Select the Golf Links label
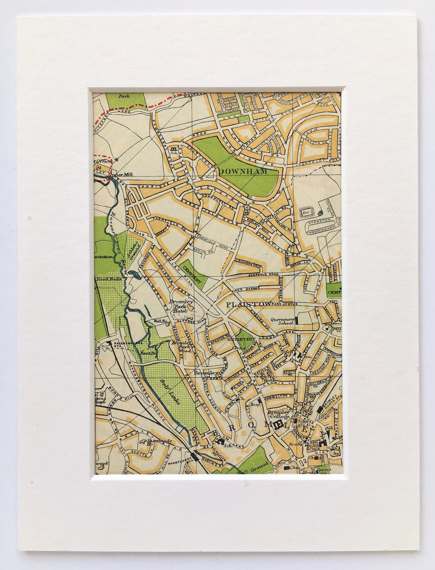tap(170, 391)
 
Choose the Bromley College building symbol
tap(278, 424)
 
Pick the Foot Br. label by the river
tap(147, 353)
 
